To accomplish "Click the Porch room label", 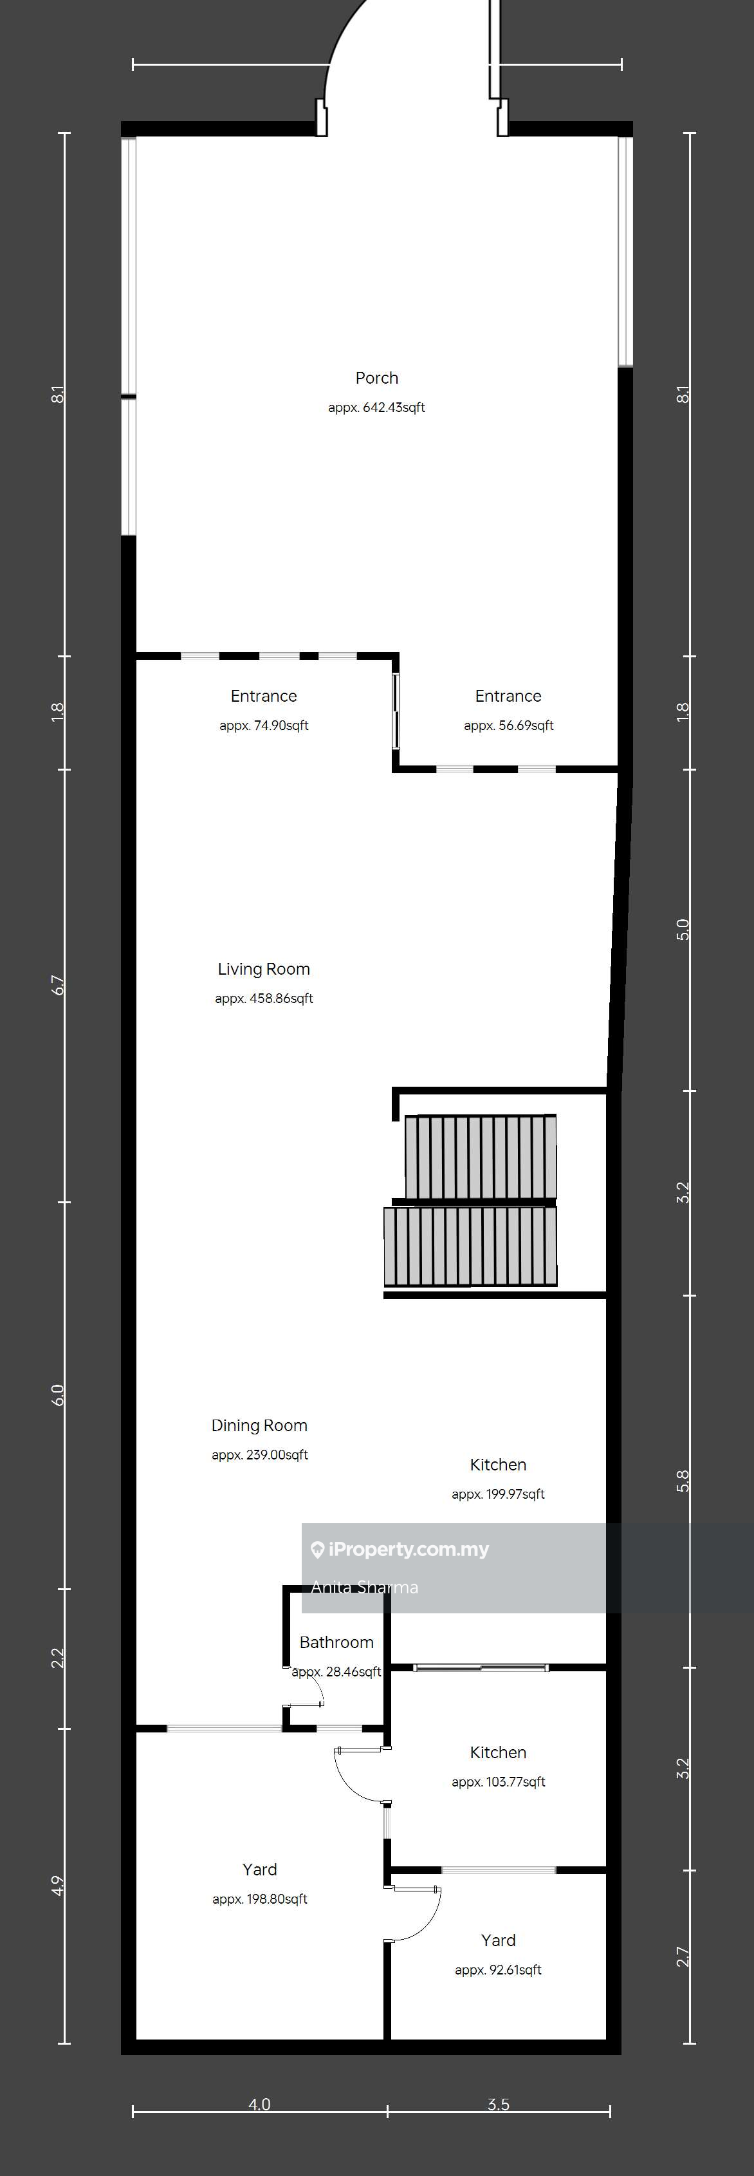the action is [376, 379].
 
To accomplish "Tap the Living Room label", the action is [263, 969].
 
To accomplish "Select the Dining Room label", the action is [259, 1425].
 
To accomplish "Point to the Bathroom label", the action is [336, 1642].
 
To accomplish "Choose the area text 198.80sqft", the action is [276, 1899].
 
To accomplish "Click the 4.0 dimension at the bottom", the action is [259, 2104].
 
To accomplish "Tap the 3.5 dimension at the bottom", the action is [498, 2104].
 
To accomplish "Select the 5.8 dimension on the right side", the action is [683, 1481].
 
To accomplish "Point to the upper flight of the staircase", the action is [481, 1158].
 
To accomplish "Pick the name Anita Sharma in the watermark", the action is [365, 1587].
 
